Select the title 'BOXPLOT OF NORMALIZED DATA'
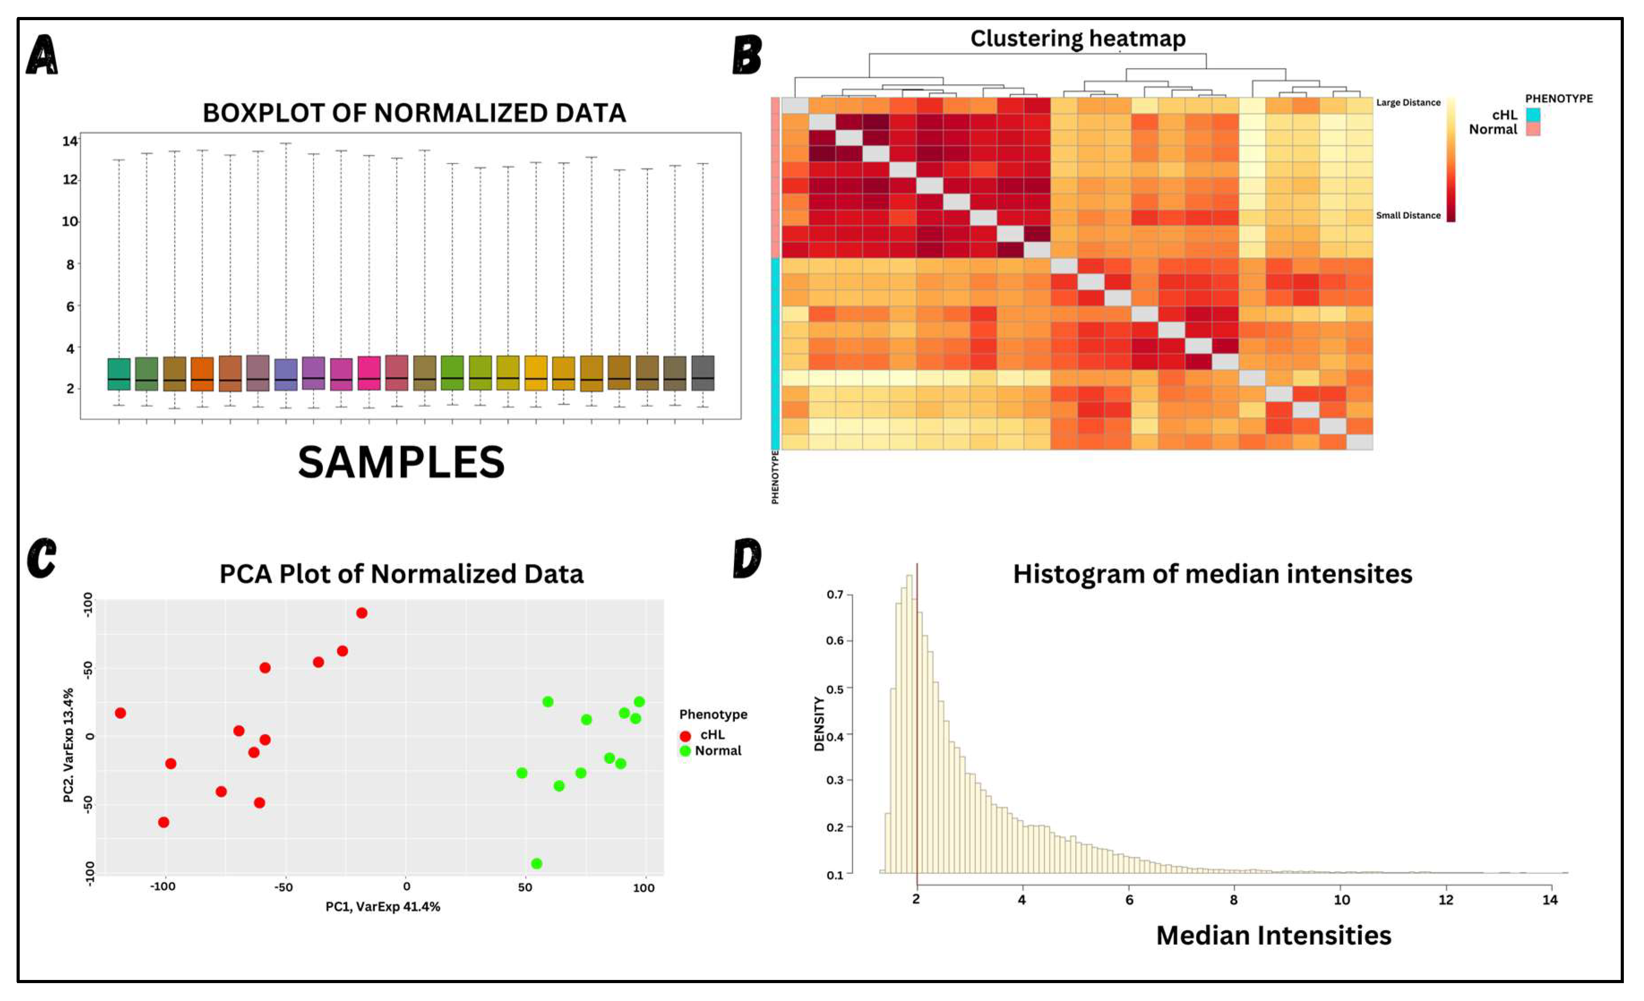(414, 113)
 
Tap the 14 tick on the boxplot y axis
(69, 141)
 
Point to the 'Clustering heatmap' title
(1077, 38)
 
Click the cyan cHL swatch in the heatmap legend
(1533, 115)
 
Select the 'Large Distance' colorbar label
(1408, 103)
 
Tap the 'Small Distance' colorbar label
(1408, 215)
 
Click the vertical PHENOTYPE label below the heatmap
(775, 477)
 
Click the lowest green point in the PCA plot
(537, 864)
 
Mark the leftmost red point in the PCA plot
(120, 713)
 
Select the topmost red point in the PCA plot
(362, 613)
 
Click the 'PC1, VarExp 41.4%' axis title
(382, 906)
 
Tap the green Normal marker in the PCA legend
(685, 751)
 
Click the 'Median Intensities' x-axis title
(1273, 936)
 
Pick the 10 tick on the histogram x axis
(1342, 899)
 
